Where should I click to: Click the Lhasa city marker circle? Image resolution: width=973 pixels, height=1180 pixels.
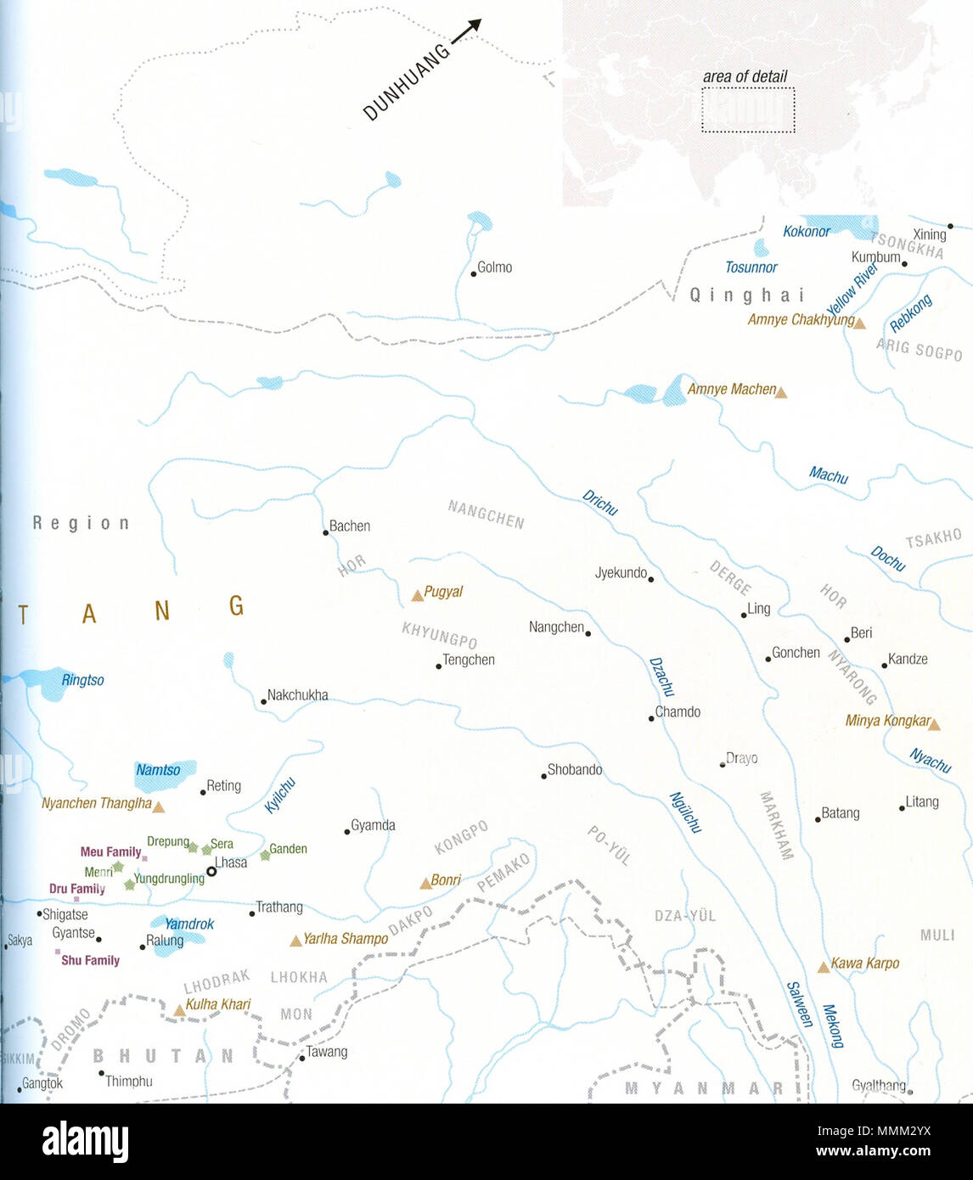click(x=211, y=871)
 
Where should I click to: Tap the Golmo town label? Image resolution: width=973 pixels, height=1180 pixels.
click(x=494, y=267)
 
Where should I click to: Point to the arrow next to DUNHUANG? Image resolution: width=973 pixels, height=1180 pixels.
click(x=465, y=31)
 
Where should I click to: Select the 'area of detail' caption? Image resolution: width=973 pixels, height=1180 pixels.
click(x=745, y=76)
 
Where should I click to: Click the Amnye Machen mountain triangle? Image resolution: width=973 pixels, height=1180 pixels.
click(x=780, y=392)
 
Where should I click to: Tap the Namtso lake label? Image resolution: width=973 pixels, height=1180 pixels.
click(x=158, y=770)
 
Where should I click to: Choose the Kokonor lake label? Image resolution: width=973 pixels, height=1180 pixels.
click(x=806, y=231)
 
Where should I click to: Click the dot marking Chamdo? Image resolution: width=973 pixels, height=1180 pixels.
click(x=651, y=718)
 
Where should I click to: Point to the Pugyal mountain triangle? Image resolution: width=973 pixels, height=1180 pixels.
click(x=417, y=596)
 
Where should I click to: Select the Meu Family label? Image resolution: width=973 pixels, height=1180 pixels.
click(x=110, y=851)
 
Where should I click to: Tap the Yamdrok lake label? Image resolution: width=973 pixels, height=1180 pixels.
click(x=188, y=924)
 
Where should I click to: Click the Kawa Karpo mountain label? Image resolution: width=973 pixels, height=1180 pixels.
click(x=864, y=963)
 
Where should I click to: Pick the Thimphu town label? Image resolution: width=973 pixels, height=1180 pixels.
click(x=129, y=1081)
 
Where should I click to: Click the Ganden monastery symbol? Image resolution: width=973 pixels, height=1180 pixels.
click(x=265, y=855)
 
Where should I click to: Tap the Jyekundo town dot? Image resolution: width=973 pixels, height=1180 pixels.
click(x=650, y=579)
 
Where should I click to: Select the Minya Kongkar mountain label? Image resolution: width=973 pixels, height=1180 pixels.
click(x=887, y=721)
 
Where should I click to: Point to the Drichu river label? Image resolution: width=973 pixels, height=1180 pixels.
click(x=599, y=503)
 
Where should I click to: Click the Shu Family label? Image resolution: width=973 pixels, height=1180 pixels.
click(x=90, y=960)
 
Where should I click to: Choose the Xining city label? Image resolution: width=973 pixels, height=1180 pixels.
click(x=929, y=234)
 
